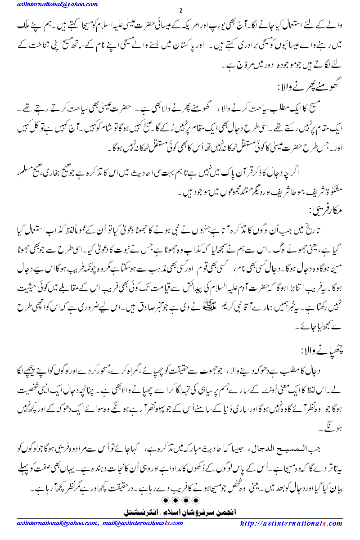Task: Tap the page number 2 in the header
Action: coord(180,10)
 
